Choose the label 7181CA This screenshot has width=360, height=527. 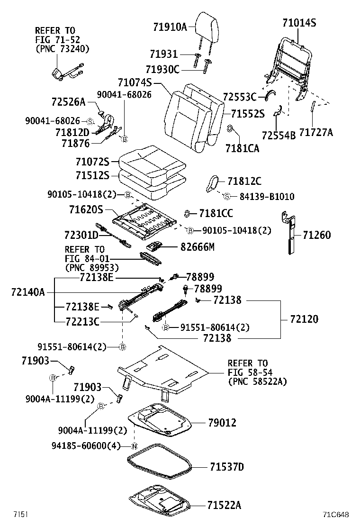[242, 148]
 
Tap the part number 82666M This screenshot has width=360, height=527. [198, 246]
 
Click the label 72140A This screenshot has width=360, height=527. [27, 292]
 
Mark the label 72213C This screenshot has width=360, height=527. [82, 322]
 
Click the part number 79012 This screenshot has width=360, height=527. [222, 423]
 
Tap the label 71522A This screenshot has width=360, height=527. [224, 506]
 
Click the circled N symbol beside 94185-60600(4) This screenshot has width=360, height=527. [134, 446]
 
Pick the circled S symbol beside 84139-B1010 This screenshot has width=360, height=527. [226, 196]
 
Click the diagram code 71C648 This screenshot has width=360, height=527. [336, 515]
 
